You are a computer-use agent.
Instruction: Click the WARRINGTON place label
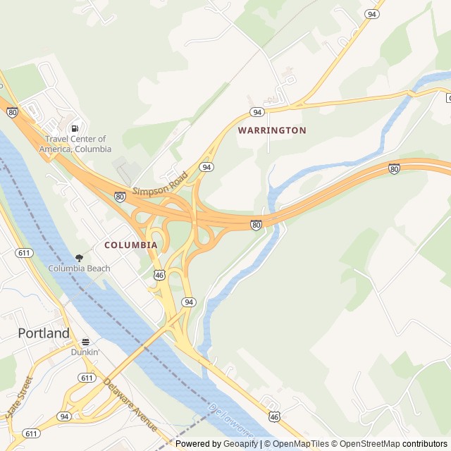(x=272, y=130)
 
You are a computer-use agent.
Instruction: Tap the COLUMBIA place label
(x=131, y=245)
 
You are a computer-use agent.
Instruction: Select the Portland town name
(x=44, y=333)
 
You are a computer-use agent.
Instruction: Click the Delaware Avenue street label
(x=130, y=406)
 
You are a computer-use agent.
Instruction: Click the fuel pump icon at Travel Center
(x=75, y=128)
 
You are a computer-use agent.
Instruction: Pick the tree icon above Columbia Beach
(x=79, y=258)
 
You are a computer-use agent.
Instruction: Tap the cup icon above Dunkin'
(x=85, y=342)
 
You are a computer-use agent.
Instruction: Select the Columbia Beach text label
(x=79, y=268)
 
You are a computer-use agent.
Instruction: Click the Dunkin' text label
(x=85, y=352)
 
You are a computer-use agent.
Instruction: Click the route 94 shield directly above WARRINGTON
(x=257, y=113)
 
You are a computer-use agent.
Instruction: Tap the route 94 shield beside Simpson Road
(x=206, y=167)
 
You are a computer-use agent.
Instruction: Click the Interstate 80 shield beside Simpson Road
(x=120, y=197)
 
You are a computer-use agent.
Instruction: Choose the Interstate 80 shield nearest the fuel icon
(x=12, y=111)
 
